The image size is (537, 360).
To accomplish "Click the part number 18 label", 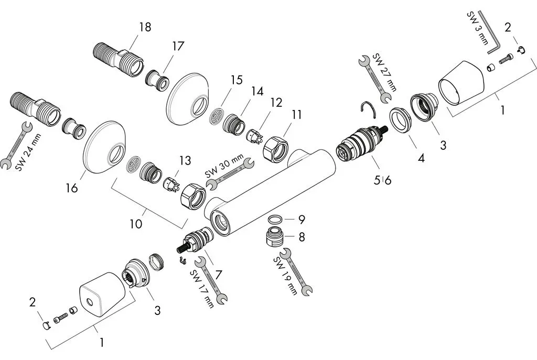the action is click(x=145, y=27).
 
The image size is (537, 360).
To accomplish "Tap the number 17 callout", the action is click(x=178, y=46).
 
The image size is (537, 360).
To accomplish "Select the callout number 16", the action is click(x=72, y=188).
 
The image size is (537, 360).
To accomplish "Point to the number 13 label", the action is click(x=185, y=160).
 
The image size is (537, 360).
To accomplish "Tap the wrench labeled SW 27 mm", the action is click(x=374, y=80).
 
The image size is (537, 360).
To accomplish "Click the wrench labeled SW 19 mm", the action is click(x=296, y=272).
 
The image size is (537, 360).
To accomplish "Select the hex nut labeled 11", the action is click(x=276, y=148).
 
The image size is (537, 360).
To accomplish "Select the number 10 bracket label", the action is click(x=136, y=224).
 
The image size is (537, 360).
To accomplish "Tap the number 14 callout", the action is click(x=257, y=91).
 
